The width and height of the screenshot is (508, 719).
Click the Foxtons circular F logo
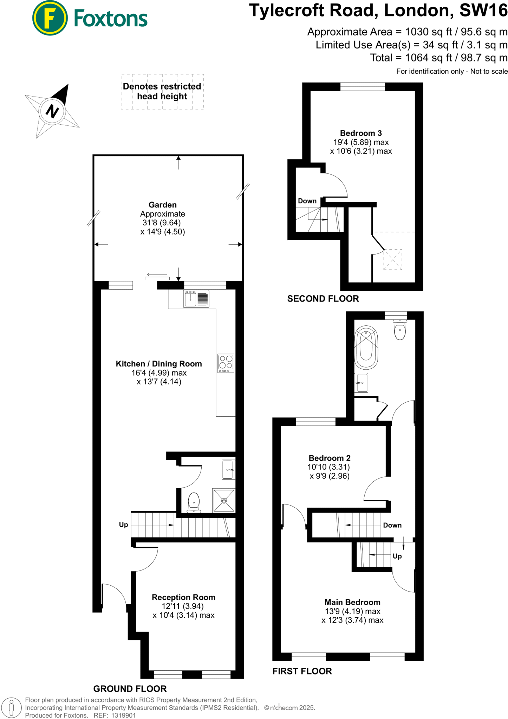pyautogui.click(x=50, y=18)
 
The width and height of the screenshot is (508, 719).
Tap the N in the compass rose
pyautogui.click(x=52, y=111)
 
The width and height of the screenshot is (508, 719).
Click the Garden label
pyautogui.click(x=162, y=205)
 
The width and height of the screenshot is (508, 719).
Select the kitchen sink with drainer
pyautogui.click(x=196, y=299)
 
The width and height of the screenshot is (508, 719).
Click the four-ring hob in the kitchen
pyautogui.click(x=226, y=363)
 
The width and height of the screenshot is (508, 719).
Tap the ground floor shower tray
pyautogui.click(x=224, y=500)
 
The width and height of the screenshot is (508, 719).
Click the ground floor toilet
pyautogui.click(x=194, y=502)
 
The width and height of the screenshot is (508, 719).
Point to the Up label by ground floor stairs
pyautogui.click(x=123, y=525)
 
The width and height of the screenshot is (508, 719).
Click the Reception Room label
pyautogui.click(x=183, y=597)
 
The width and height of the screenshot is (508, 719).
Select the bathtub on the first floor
pyautogui.click(x=366, y=347)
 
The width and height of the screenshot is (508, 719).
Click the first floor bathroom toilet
pyautogui.click(x=400, y=330)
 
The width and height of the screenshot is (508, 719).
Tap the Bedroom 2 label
pyautogui.click(x=330, y=458)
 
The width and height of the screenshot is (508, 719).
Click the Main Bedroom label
pyautogui.click(x=352, y=602)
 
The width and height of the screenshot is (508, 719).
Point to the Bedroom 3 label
pyautogui.click(x=361, y=133)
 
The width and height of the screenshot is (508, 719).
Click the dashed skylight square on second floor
pyautogui.click(x=392, y=259)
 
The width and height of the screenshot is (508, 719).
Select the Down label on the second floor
pyautogui.click(x=307, y=201)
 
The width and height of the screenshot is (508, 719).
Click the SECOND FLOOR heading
pyautogui.click(x=323, y=299)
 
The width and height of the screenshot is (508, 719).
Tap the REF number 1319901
pyautogui.click(x=123, y=715)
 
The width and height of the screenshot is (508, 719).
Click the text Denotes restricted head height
pyautogui.click(x=162, y=91)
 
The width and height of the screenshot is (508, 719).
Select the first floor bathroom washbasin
pyautogui.click(x=361, y=382)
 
